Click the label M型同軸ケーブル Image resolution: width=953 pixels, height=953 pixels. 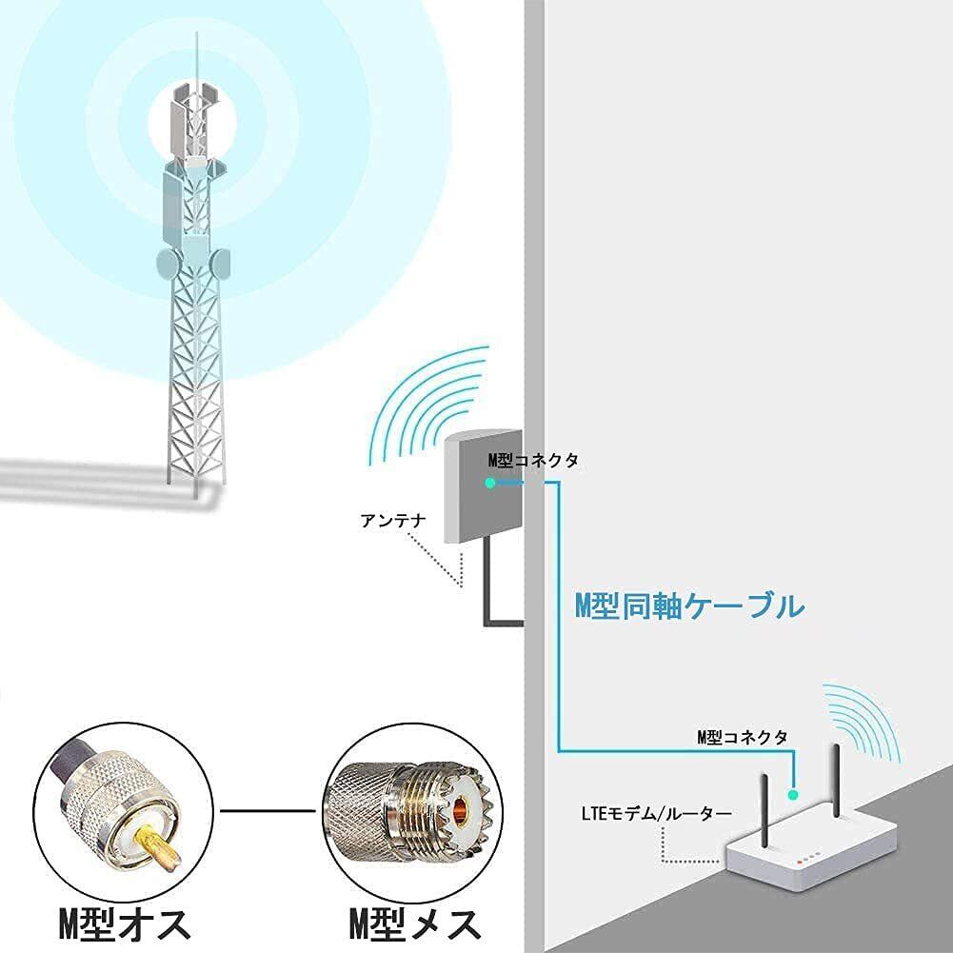click(689, 606)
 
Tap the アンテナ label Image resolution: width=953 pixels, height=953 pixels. click(390, 521)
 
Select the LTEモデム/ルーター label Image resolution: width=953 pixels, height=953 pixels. click(656, 814)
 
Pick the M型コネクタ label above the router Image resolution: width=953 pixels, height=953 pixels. click(742, 737)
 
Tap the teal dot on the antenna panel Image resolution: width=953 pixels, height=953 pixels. click(489, 483)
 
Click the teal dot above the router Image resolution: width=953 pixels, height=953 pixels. click(792, 792)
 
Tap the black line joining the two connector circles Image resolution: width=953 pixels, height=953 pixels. click(268, 811)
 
